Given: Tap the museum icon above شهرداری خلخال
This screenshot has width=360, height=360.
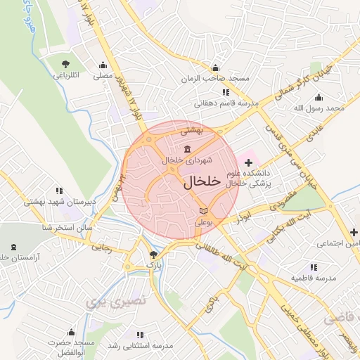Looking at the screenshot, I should point(187,150).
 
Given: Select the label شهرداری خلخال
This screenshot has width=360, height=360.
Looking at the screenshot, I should point(188,160).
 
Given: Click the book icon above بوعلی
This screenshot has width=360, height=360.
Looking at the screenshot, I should point(204,211).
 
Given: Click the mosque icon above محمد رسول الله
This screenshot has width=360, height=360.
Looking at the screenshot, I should point(319,98).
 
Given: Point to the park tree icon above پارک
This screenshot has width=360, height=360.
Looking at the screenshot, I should point(154,255).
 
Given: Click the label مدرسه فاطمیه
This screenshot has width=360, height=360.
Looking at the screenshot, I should point(314,278).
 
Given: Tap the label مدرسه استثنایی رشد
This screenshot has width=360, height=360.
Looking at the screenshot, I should point(141,345).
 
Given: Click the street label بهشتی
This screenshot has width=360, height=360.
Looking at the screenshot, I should point(191,130).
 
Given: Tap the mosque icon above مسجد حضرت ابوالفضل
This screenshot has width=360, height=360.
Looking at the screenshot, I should point(70,332).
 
